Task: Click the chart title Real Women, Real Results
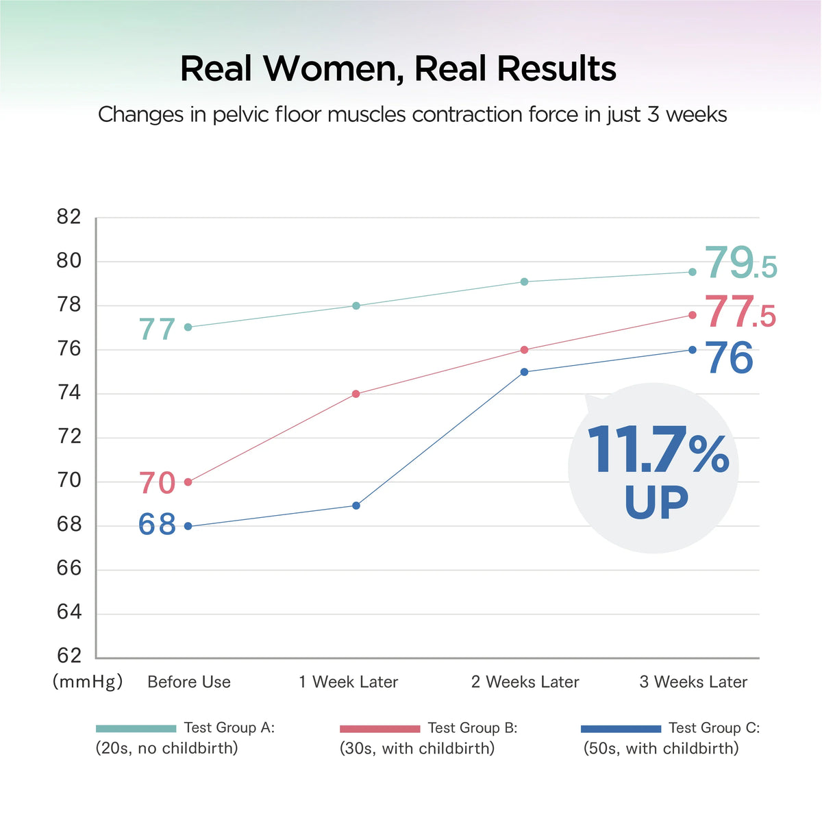(x=398, y=68)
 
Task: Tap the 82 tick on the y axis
(x=68, y=218)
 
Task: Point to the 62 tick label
(x=68, y=656)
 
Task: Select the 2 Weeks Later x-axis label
(x=525, y=682)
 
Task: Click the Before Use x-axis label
(x=189, y=682)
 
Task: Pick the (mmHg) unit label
(x=88, y=682)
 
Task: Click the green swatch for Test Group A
(x=136, y=729)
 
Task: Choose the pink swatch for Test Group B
(x=379, y=729)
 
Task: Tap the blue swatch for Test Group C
(x=621, y=729)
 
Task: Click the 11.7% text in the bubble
(x=658, y=451)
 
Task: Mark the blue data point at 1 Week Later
(x=356, y=506)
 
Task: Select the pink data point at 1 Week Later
(x=356, y=394)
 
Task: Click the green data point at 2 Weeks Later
(x=524, y=282)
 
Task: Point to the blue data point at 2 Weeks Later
(x=524, y=372)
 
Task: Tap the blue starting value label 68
(x=158, y=525)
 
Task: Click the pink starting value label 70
(x=158, y=484)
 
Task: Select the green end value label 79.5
(x=740, y=264)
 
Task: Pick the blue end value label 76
(x=730, y=358)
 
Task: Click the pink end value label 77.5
(x=740, y=312)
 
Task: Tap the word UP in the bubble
(x=656, y=503)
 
